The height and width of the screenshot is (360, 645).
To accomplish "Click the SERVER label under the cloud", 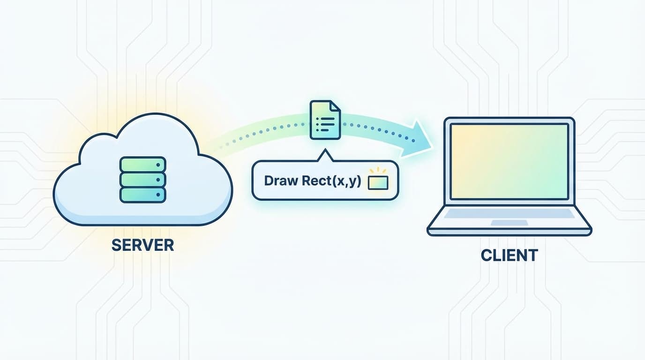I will pos(142,245).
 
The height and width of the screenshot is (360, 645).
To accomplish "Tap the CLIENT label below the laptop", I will pos(509,255).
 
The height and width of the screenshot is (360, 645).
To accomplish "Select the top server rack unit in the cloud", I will pos(143,164).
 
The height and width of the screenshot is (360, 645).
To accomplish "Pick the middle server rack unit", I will pos(143,179).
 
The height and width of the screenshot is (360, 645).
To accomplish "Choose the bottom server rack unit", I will pos(143,195).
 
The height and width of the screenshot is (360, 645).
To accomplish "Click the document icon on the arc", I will pos(325,120).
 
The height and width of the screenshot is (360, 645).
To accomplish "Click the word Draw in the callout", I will pos(279,181).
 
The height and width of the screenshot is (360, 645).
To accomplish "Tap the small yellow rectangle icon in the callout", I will pos(378,182).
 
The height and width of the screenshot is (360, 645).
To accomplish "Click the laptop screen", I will pos(509,162).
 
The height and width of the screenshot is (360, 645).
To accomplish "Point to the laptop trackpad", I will pos(509,222).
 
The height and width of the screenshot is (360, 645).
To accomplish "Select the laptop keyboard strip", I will pos(509,214).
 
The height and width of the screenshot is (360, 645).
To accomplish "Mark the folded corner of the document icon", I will pos(336,106).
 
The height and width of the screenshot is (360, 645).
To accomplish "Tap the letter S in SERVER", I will pos(116,245).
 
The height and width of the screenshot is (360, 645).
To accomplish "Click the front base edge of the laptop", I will pos(509,232).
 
